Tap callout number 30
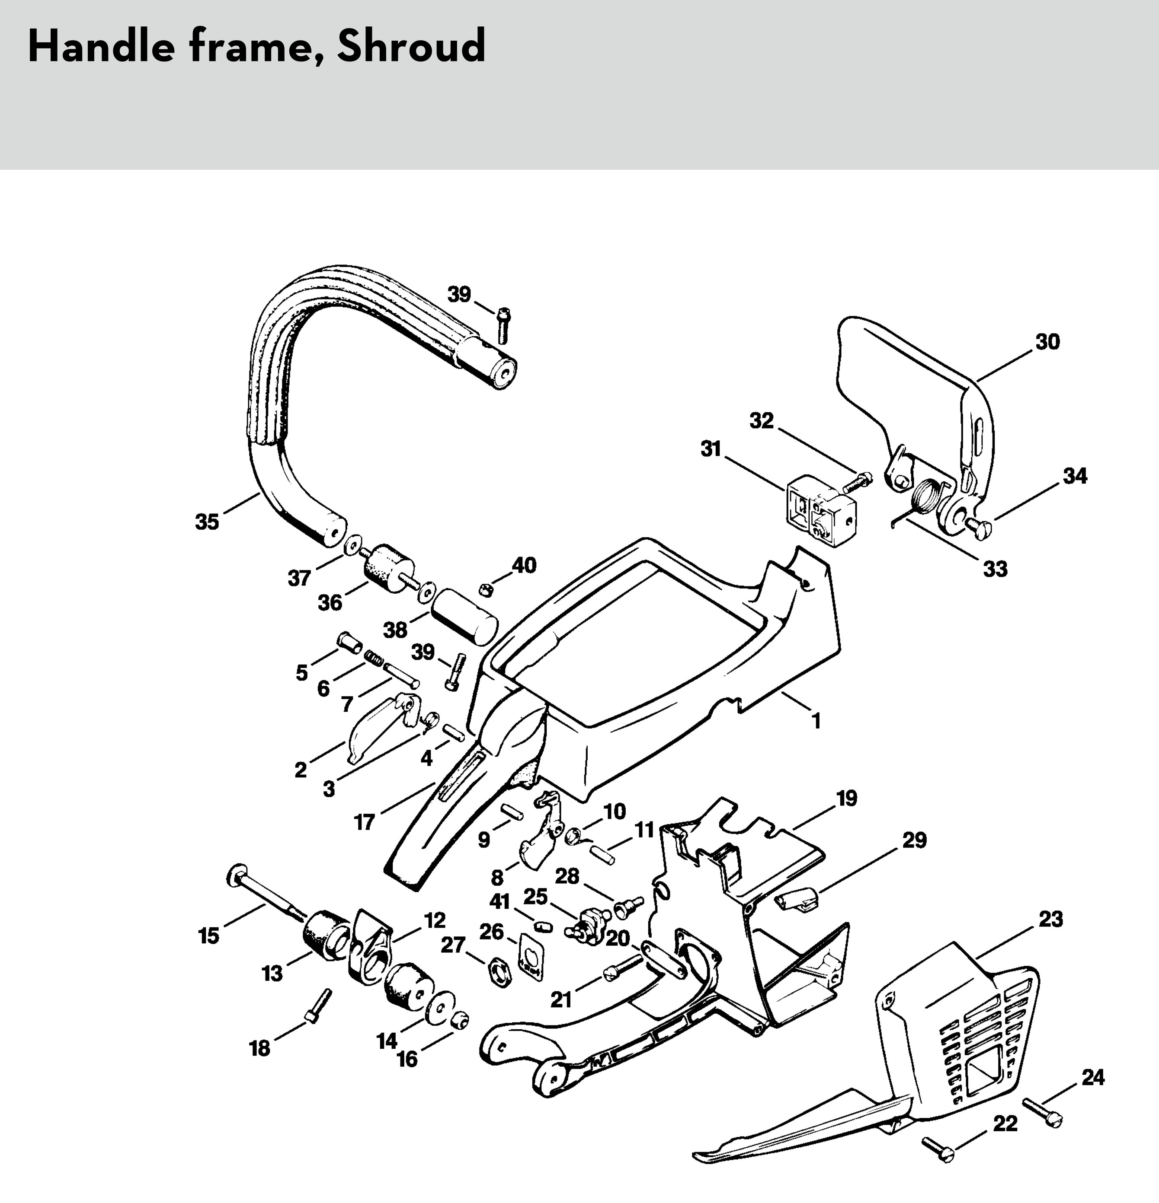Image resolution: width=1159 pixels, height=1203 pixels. click(x=1047, y=341)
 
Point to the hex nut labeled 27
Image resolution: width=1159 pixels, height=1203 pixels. click(x=500, y=973)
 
